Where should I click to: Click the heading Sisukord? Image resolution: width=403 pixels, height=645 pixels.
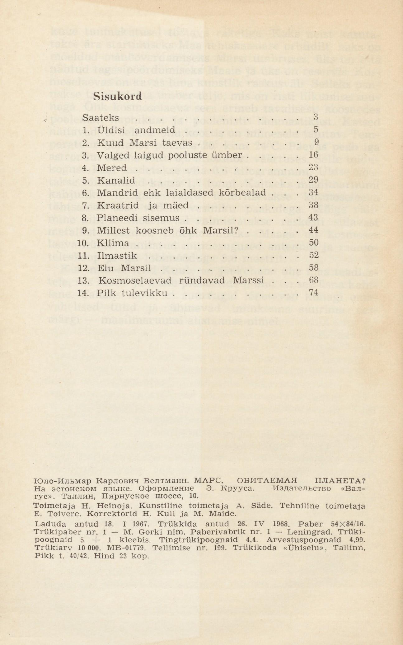(118, 96)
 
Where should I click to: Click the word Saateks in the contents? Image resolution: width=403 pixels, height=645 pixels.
(101, 118)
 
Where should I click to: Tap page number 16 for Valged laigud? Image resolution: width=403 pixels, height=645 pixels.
(313, 155)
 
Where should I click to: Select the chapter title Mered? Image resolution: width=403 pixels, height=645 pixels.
(112, 168)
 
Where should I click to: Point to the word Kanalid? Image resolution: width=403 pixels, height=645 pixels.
(116, 180)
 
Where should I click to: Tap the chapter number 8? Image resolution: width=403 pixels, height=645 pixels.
(85, 218)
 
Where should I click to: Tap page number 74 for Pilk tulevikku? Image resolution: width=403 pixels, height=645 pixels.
(313, 293)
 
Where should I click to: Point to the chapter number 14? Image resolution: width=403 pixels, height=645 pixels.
(83, 293)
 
